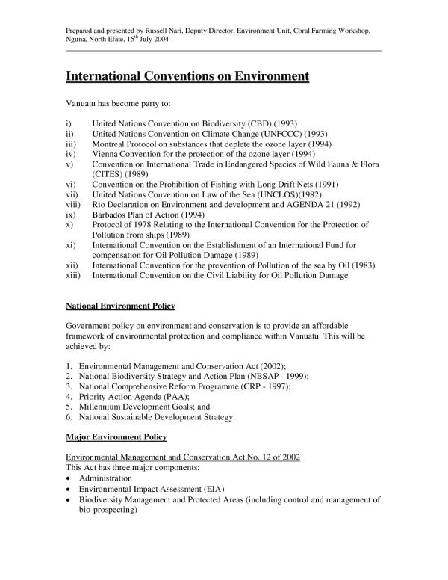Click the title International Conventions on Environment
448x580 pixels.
coord(187,76)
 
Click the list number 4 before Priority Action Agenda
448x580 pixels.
coord(69,397)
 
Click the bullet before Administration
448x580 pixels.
coord(69,476)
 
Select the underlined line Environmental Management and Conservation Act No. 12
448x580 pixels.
coord(183,456)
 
